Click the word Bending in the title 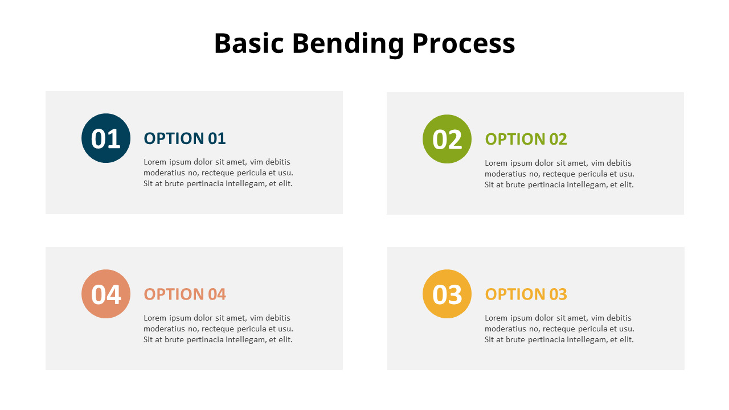(x=347, y=44)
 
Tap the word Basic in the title (x=248, y=44)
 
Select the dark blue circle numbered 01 (x=106, y=138)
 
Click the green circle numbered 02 (x=447, y=139)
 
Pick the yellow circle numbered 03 (x=447, y=294)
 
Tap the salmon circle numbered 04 (x=106, y=294)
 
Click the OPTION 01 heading (x=185, y=138)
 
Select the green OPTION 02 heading (x=526, y=139)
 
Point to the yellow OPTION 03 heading (x=526, y=294)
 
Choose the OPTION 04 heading (x=185, y=294)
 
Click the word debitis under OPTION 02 (x=619, y=163)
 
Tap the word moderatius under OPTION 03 (x=505, y=329)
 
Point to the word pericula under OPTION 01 (x=252, y=173)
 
